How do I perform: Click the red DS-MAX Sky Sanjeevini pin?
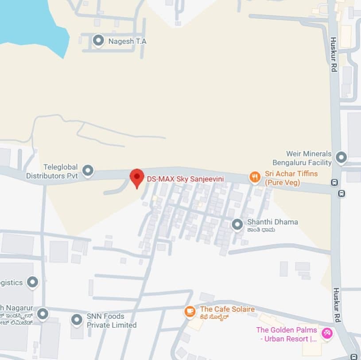(137, 178)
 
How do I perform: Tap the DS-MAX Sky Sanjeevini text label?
(185, 179)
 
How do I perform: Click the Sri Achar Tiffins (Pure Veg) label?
(291, 178)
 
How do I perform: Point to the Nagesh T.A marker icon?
(98, 41)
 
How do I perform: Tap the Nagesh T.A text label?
(127, 41)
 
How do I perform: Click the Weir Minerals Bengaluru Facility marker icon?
(341, 157)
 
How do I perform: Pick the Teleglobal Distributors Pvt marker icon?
(88, 170)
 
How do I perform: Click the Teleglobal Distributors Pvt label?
(52, 171)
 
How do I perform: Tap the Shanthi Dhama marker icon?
(237, 225)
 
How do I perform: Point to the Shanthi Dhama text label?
(272, 222)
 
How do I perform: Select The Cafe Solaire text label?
(227, 309)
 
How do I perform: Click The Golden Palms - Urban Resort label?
(287, 334)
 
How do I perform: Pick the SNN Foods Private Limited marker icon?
(77, 320)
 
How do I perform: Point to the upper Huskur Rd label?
(334, 54)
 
